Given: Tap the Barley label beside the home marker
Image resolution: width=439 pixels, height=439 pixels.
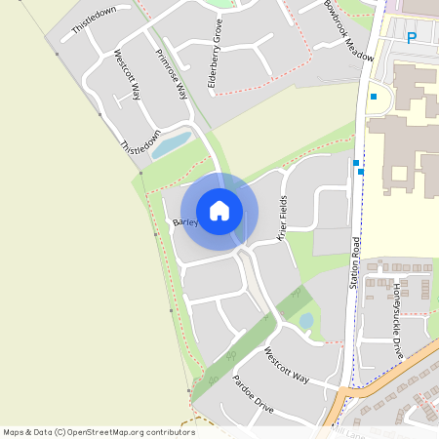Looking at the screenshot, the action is tap(185, 222).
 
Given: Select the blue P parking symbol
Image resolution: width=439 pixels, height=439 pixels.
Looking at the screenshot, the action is tap(412, 38).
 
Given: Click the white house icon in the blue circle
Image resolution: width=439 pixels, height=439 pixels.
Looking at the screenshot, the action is tap(219, 211).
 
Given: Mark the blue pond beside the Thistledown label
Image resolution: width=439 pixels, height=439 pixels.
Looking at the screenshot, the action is tap(172, 145).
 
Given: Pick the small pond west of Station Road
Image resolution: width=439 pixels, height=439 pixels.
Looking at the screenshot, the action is tap(306, 320).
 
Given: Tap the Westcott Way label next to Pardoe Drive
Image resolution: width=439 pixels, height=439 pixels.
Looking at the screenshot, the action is tap(287, 364).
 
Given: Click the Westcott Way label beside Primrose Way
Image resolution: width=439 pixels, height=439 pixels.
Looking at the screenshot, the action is tap(128, 76).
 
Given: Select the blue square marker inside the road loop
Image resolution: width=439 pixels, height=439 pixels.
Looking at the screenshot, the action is tap(373, 97).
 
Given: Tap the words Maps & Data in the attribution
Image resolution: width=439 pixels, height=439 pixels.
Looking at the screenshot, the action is tap(25, 432).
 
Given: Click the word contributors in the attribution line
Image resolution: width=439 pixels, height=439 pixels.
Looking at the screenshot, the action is tap(167, 432).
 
